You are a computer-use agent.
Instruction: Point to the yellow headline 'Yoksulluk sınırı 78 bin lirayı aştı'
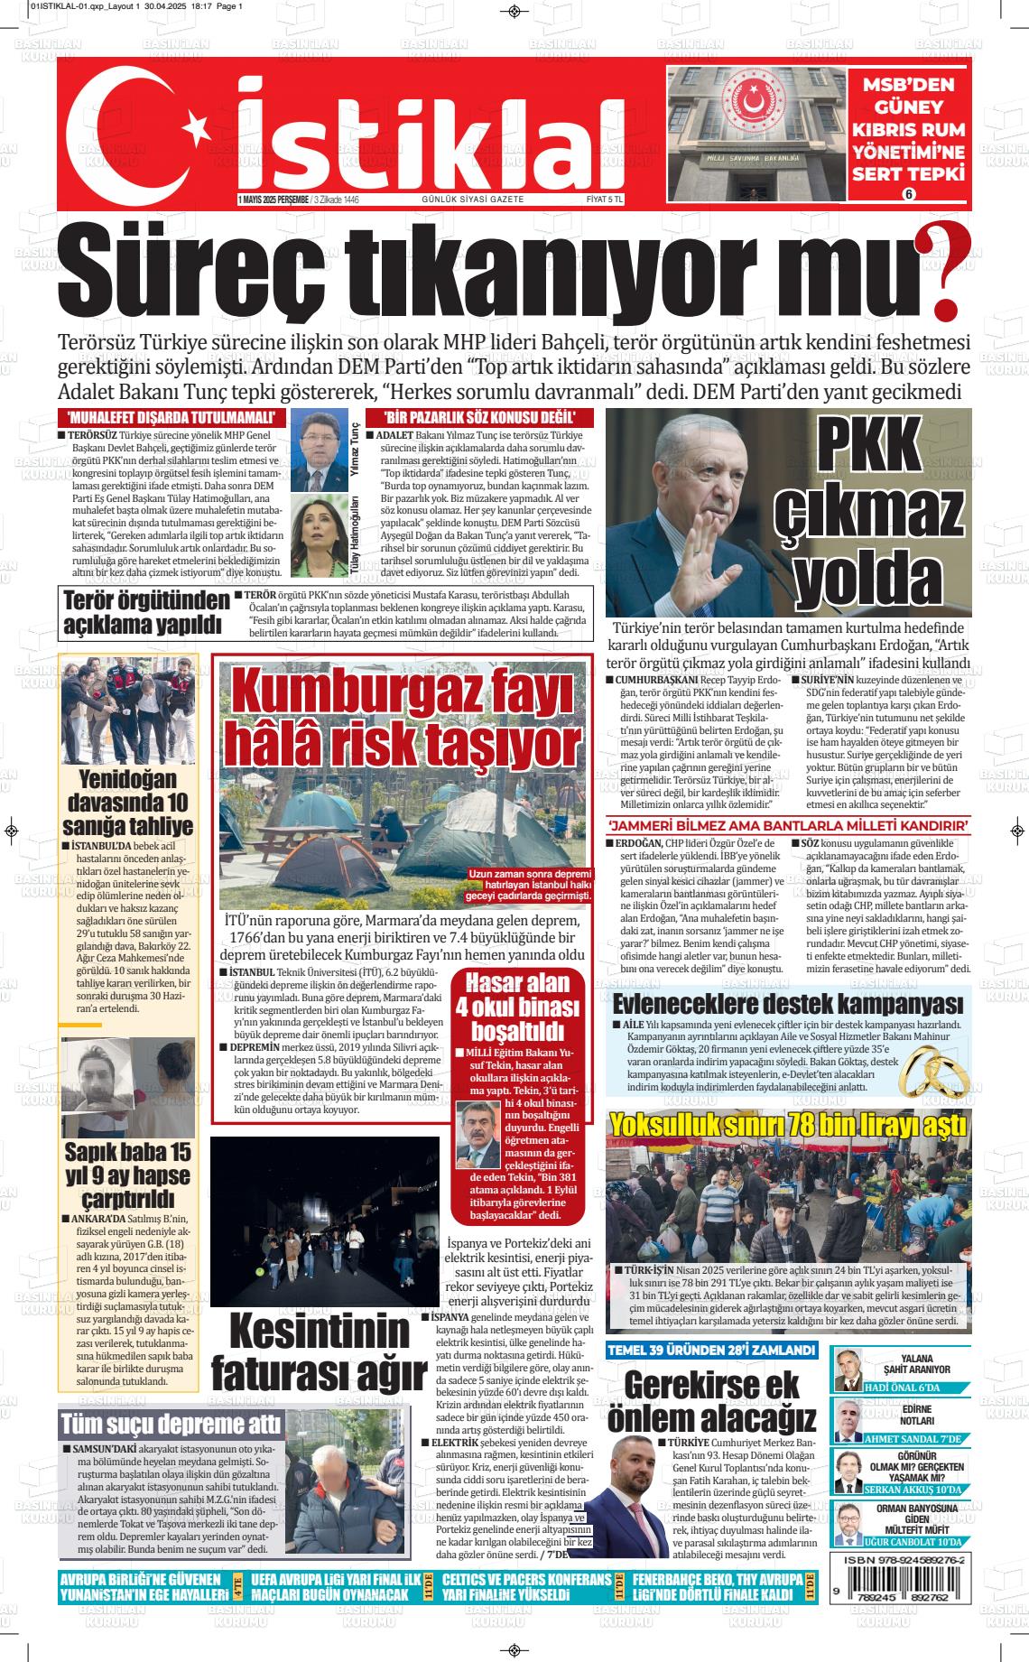point(788,1125)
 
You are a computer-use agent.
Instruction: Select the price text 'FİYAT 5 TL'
point(605,199)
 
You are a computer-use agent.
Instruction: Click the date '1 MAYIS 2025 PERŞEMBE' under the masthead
point(273,200)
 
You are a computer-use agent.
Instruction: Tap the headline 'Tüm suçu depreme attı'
point(170,1425)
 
